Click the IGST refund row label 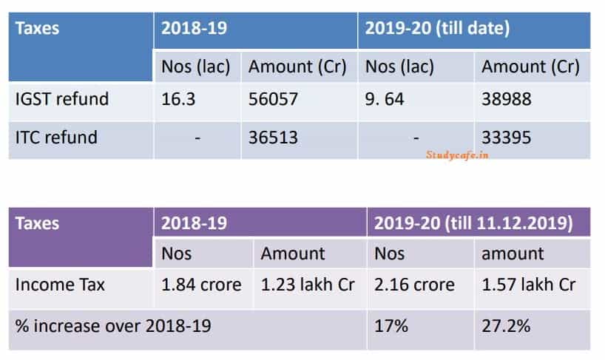coord(61,99)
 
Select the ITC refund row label coord(55,137)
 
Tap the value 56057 coord(273,99)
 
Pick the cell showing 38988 coord(507,99)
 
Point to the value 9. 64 coord(385,99)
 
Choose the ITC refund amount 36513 coord(273,137)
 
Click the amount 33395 coord(507,137)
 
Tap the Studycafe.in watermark coord(458,154)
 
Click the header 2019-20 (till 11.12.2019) coord(473,223)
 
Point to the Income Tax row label coord(60,285)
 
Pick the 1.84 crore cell coord(201,285)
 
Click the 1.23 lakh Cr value coord(308,285)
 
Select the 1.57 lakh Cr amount coord(528,285)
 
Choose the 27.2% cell coord(506,325)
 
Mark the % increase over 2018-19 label coord(113,325)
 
